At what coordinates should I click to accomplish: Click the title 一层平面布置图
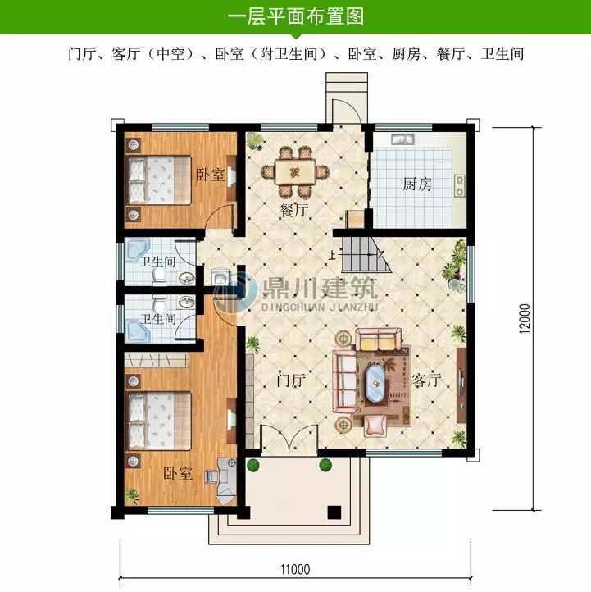295,16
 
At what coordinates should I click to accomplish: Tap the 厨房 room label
417,184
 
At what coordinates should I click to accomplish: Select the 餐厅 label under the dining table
293,210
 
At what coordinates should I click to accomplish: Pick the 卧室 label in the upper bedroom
210,175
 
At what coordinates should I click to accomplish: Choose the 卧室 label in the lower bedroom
177,473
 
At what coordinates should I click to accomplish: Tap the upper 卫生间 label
158,262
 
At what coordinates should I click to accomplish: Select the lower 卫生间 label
157,318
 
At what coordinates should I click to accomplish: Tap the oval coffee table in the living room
376,383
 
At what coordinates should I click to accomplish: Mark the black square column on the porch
334,512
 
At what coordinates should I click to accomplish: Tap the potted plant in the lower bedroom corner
132,496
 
